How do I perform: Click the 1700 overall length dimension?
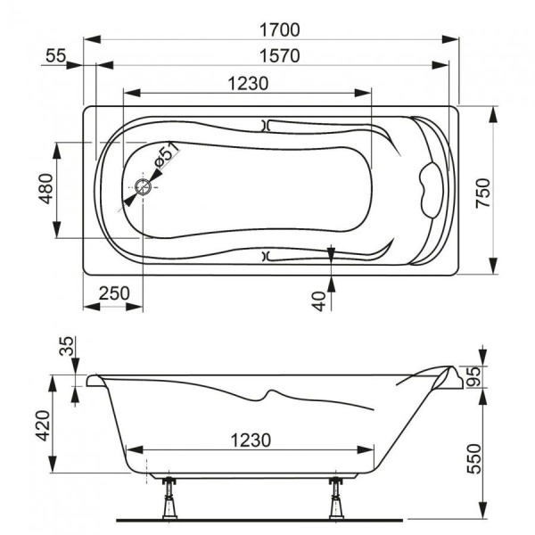point(274,29)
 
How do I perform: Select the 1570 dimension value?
point(274,55)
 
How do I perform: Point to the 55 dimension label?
point(55,55)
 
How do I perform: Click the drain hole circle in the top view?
point(144,188)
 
